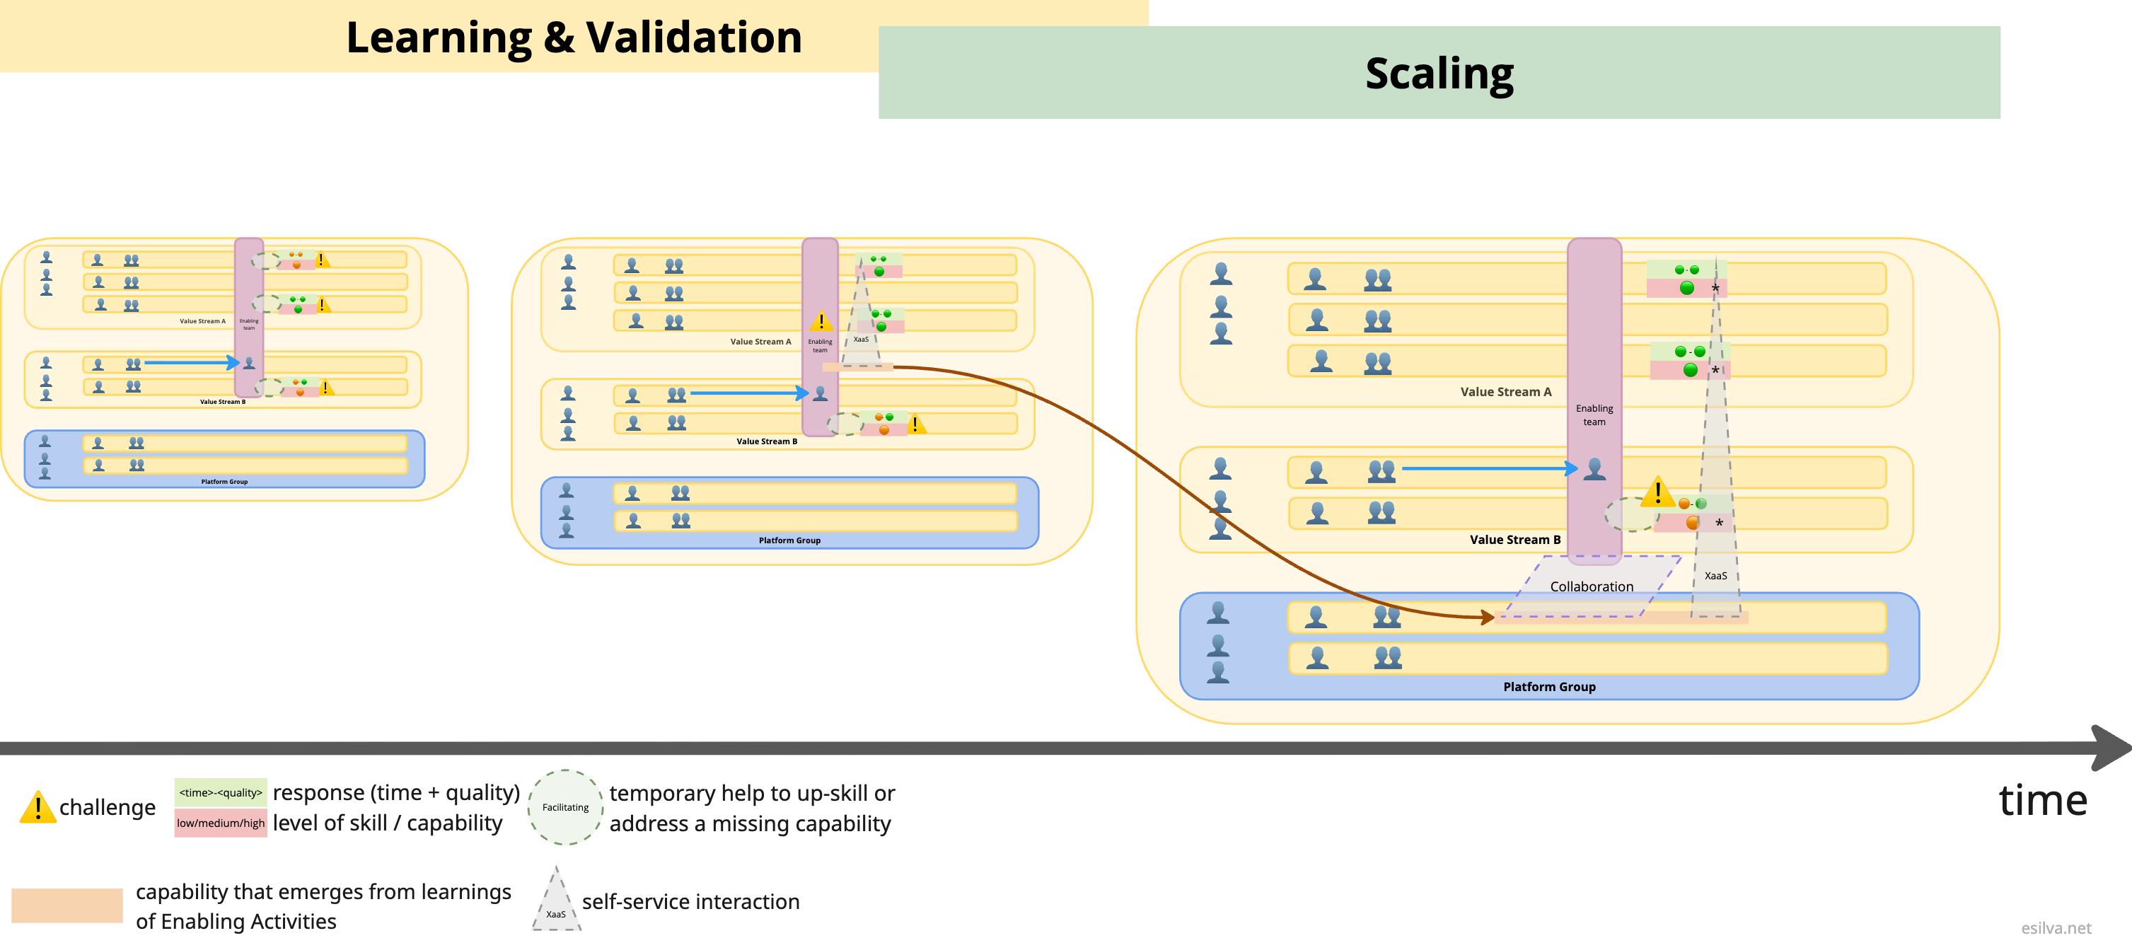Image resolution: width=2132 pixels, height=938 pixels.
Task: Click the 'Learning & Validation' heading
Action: (574, 38)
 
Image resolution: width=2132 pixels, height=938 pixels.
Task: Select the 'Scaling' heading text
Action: (1439, 74)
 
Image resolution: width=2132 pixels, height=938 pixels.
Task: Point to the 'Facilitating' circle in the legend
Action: (565, 807)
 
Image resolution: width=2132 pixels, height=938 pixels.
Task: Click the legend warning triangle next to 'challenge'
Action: (37, 808)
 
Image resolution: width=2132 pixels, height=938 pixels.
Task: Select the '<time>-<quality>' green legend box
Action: (220, 792)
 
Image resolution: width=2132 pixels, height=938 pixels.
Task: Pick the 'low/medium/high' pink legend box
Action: (220, 823)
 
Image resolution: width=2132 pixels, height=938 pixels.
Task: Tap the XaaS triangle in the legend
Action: (556, 903)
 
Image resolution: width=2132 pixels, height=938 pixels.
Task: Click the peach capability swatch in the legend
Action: (67, 905)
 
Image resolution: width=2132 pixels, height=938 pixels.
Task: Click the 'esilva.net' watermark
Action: (2055, 928)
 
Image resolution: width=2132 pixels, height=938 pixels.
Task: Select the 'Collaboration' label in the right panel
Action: (1591, 586)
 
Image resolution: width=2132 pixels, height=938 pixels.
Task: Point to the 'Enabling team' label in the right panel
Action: (1594, 415)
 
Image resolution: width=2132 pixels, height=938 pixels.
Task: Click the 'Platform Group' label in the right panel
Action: (1548, 686)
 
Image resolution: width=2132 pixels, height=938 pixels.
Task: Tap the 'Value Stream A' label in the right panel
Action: (1505, 392)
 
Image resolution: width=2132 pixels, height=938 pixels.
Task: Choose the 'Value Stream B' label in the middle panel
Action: (766, 441)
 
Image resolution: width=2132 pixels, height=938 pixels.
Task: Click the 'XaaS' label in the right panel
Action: (1715, 575)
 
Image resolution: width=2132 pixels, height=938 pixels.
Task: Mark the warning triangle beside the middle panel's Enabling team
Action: (821, 321)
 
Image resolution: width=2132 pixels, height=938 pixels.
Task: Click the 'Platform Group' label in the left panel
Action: (224, 481)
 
